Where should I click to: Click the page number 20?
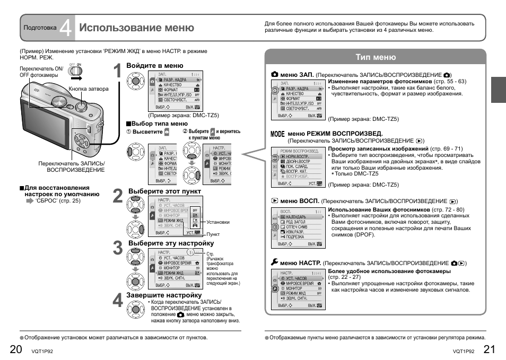point(15,348)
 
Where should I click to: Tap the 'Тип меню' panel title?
point(375,57)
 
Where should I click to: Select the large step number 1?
point(118,73)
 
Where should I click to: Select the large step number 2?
point(118,197)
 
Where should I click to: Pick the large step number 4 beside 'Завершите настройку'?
point(118,300)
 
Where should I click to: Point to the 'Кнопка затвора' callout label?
point(89,89)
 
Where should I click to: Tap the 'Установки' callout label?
point(218,222)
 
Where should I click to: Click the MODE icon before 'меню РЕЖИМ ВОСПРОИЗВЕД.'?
point(277,134)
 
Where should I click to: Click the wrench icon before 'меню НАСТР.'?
point(274,262)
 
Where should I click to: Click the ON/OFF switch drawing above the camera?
point(76,71)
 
